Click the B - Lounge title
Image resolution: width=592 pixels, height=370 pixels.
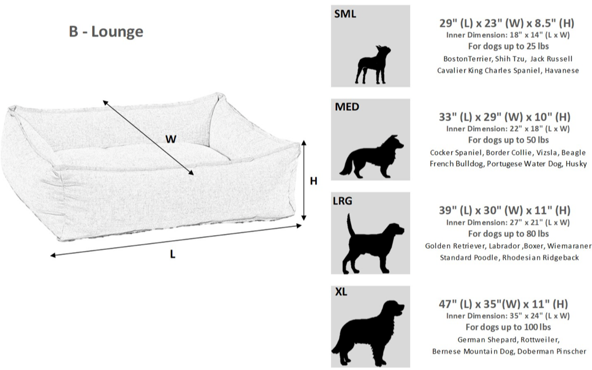[106, 31]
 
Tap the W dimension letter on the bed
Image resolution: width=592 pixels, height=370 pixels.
[170, 140]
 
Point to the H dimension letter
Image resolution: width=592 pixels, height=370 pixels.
[313, 181]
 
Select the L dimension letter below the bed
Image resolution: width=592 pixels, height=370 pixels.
[173, 254]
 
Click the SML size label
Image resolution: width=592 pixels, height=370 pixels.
[345, 14]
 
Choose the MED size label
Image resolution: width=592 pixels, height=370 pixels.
[347, 107]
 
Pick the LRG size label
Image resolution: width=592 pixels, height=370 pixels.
[343, 201]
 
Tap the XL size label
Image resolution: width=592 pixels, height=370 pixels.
[341, 292]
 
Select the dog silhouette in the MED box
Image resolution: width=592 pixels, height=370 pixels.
[372, 156]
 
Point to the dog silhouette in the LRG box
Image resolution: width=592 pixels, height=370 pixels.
[373, 243]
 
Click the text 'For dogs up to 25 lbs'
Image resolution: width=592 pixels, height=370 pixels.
[508, 46]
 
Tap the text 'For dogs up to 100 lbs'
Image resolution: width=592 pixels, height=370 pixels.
[508, 327]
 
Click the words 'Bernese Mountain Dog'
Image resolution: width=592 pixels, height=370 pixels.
[472, 351]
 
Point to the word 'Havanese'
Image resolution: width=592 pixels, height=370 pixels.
[562, 70]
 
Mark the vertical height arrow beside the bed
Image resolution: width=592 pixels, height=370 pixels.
[304, 180]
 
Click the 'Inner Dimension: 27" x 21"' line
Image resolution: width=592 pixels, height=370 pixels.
[508, 223]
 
